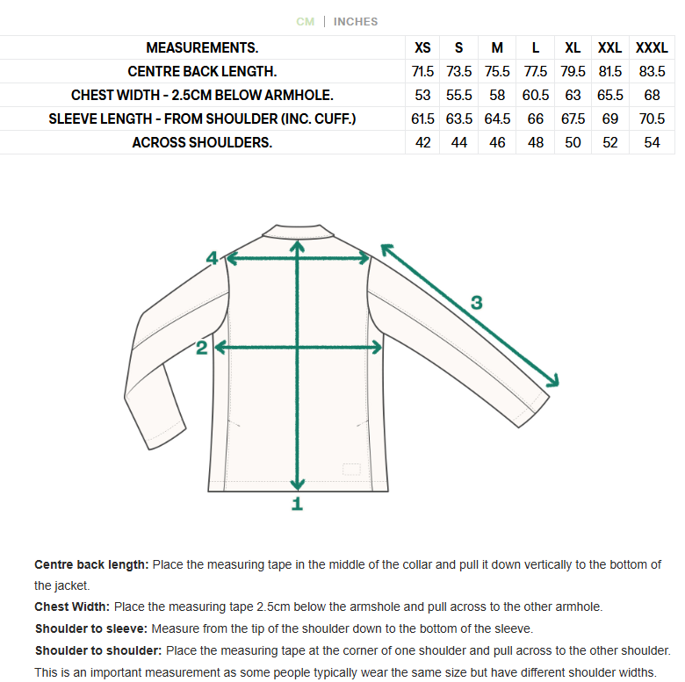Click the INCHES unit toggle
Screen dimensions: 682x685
click(356, 22)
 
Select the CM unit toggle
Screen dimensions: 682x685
click(305, 22)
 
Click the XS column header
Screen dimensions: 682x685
click(423, 48)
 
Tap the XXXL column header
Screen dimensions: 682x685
click(652, 48)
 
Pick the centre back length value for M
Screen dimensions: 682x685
click(497, 72)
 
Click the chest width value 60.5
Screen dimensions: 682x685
click(536, 96)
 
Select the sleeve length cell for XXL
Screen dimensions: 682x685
click(610, 119)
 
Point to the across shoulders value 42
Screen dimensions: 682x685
click(423, 143)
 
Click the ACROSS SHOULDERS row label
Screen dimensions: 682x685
click(202, 143)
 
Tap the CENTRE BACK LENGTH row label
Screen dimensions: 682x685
click(202, 72)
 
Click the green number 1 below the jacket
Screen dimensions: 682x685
click(297, 504)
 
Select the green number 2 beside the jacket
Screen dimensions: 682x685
click(202, 348)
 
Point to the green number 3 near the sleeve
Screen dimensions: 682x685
click(476, 303)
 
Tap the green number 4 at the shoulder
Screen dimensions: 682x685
click(212, 258)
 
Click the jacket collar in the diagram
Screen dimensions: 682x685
click(299, 231)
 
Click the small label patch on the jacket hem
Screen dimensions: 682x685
click(352, 470)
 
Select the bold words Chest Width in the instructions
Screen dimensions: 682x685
click(72, 607)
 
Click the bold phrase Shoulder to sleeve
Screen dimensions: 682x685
click(91, 628)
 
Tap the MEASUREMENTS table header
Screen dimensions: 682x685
click(202, 48)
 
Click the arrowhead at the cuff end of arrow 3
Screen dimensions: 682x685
click(553, 381)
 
